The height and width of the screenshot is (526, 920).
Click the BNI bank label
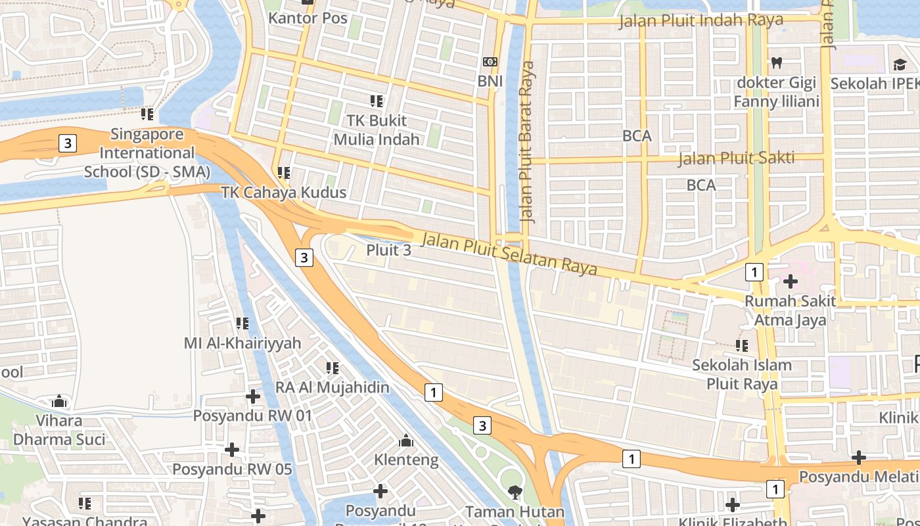[x=490, y=81]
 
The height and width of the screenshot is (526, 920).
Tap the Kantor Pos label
[x=308, y=18]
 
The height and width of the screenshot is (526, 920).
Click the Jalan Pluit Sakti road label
[x=736, y=158]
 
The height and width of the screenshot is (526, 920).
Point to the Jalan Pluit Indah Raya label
[x=701, y=20]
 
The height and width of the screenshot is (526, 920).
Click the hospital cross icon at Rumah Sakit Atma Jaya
[x=790, y=281]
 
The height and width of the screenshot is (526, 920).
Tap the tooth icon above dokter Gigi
[x=776, y=63]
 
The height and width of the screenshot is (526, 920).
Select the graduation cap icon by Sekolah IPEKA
[x=900, y=64]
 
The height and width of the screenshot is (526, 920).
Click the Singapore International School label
[x=147, y=153]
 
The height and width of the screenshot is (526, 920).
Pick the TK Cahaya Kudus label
[x=283, y=193]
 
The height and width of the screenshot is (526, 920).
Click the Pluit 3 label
[x=388, y=250]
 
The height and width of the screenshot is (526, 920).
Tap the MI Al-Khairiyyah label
[x=242, y=343]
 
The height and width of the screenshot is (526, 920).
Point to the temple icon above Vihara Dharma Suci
[x=59, y=400]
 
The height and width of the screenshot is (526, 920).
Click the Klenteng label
[x=406, y=460]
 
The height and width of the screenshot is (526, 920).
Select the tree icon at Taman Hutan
[x=515, y=491]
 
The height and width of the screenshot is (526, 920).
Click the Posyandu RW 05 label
[x=232, y=469]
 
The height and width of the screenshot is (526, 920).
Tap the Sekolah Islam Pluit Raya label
[x=742, y=374]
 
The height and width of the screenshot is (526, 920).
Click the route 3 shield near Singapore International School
[x=68, y=143]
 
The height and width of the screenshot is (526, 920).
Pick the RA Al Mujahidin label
[x=332, y=387]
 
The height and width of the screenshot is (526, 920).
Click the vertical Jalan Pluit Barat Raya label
[x=526, y=141]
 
